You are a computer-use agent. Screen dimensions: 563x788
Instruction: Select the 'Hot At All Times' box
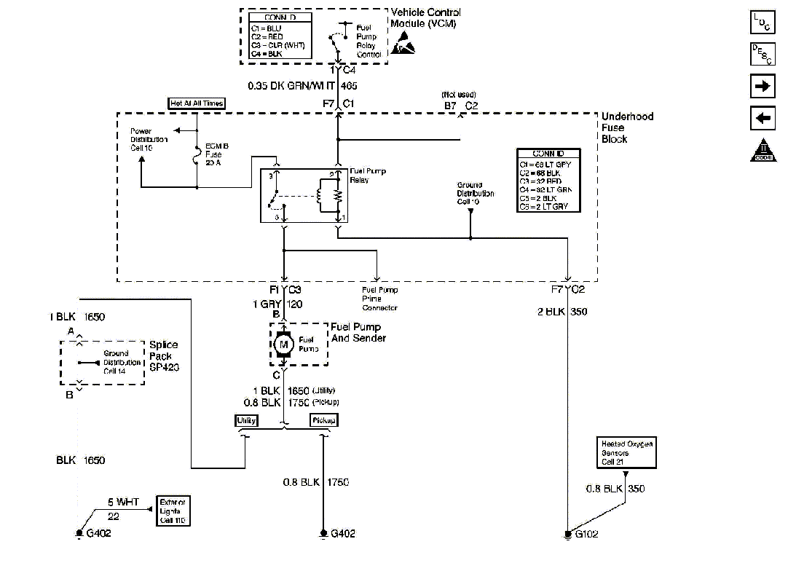[x=197, y=103]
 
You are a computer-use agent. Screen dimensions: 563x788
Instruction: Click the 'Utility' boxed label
[x=245, y=420]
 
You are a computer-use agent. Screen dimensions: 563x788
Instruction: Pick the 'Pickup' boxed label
[x=324, y=420]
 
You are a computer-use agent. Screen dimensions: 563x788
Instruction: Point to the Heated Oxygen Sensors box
[x=626, y=453]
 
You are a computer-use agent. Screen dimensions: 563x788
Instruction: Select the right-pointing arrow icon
[x=763, y=86]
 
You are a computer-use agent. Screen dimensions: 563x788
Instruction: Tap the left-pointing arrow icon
[x=763, y=117]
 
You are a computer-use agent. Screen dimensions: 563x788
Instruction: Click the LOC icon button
[x=763, y=22]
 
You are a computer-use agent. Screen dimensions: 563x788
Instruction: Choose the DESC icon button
[x=763, y=54]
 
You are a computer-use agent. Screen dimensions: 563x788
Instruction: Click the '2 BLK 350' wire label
[x=562, y=312]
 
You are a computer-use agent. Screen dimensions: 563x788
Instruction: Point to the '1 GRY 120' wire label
[x=277, y=304]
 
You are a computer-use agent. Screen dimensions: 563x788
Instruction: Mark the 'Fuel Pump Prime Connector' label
[x=380, y=299]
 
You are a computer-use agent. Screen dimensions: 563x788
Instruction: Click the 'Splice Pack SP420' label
[x=164, y=356]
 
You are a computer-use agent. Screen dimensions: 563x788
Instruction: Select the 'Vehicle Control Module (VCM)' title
[x=426, y=17]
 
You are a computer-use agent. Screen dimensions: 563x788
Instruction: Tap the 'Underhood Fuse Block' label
[x=627, y=127]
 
